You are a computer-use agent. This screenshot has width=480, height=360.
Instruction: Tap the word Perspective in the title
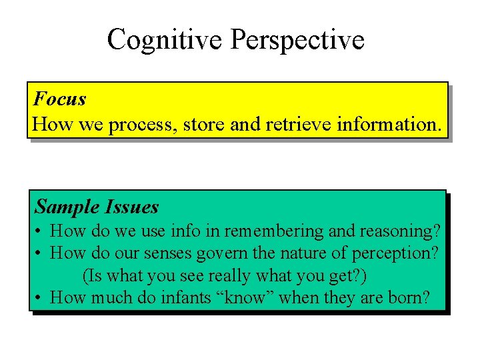(x=297, y=39)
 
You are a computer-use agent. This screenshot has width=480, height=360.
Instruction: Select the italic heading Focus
(x=59, y=99)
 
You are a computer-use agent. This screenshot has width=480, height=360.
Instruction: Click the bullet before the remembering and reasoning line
(x=40, y=232)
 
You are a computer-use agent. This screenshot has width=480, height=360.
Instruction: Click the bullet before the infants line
(x=40, y=298)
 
